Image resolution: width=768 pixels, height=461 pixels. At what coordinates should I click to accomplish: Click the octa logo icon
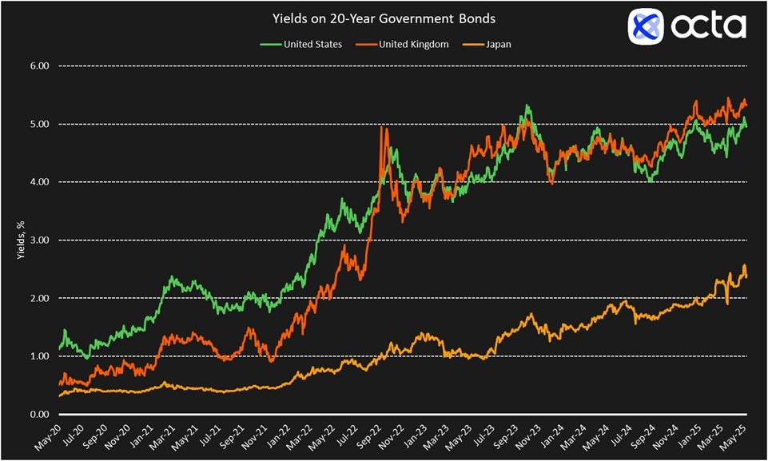(647, 26)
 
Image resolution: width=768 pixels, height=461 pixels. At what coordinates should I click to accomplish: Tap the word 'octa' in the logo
(707, 26)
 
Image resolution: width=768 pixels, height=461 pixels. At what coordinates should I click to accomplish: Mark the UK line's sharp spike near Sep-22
(382, 128)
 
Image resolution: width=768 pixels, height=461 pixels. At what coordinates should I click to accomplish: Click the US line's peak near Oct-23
(527, 105)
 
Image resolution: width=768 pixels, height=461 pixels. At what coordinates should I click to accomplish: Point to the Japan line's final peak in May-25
(745, 265)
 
